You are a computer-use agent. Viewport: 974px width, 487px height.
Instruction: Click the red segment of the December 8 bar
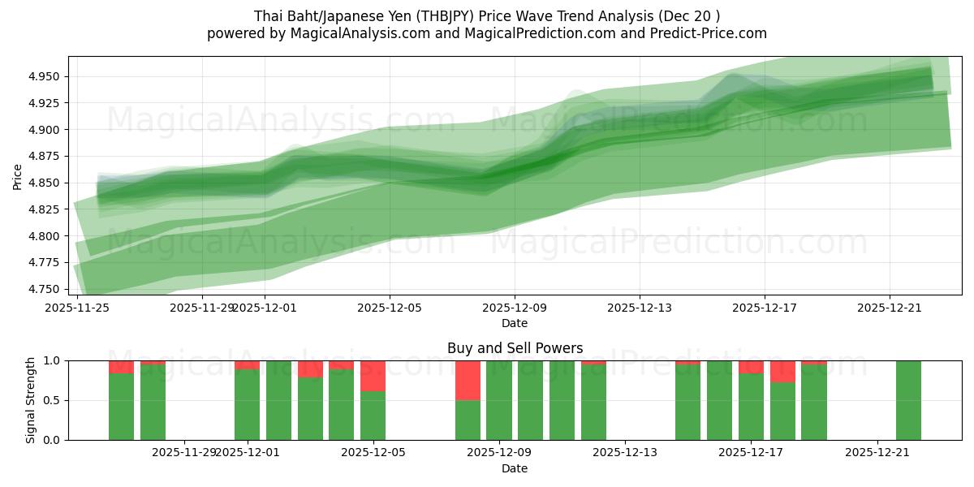[468, 380]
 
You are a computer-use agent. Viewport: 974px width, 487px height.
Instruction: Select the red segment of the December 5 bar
[373, 376]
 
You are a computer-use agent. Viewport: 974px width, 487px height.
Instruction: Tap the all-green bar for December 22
[908, 400]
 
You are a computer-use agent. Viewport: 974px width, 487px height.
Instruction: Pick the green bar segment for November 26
[121, 407]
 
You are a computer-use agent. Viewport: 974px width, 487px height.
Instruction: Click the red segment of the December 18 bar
[782, 371]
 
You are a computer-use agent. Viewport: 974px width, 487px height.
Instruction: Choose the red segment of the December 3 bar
[310, 368]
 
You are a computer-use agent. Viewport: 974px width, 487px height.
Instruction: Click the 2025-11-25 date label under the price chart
[77, 308]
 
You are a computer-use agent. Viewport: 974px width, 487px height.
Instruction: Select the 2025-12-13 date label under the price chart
[640, 308]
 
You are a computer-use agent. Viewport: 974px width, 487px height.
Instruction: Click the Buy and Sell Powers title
[515, 348]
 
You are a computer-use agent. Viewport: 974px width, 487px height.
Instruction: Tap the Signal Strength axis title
[30, 400]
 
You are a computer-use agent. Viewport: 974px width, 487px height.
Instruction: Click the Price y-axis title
[18, 176]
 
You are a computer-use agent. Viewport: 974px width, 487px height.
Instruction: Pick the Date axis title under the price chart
[515, 323]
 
